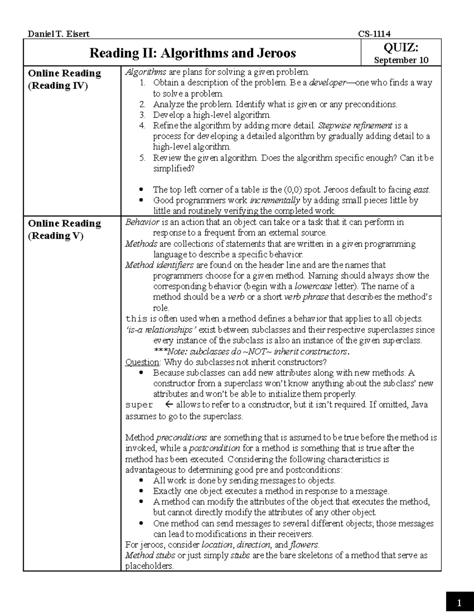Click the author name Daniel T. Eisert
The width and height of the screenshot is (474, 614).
tap(58, 34)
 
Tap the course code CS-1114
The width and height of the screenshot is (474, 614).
tap(374, 34)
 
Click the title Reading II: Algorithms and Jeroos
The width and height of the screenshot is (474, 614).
tap(192, 53)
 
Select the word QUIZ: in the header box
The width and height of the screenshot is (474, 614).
tap(401, 47)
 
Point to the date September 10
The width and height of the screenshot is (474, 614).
tap(401, 60)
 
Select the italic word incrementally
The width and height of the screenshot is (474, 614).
tap(275, 200)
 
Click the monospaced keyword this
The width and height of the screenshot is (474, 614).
tap(136, 319)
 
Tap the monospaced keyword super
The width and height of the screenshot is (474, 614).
tap(139, 405)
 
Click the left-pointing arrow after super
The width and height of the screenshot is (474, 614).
tap(169, 405)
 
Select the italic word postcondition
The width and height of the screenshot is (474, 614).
tap(214, 448)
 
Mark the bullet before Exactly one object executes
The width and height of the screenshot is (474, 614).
tap(142, 491)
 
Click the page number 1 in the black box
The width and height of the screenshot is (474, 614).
tap(459, 603)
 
